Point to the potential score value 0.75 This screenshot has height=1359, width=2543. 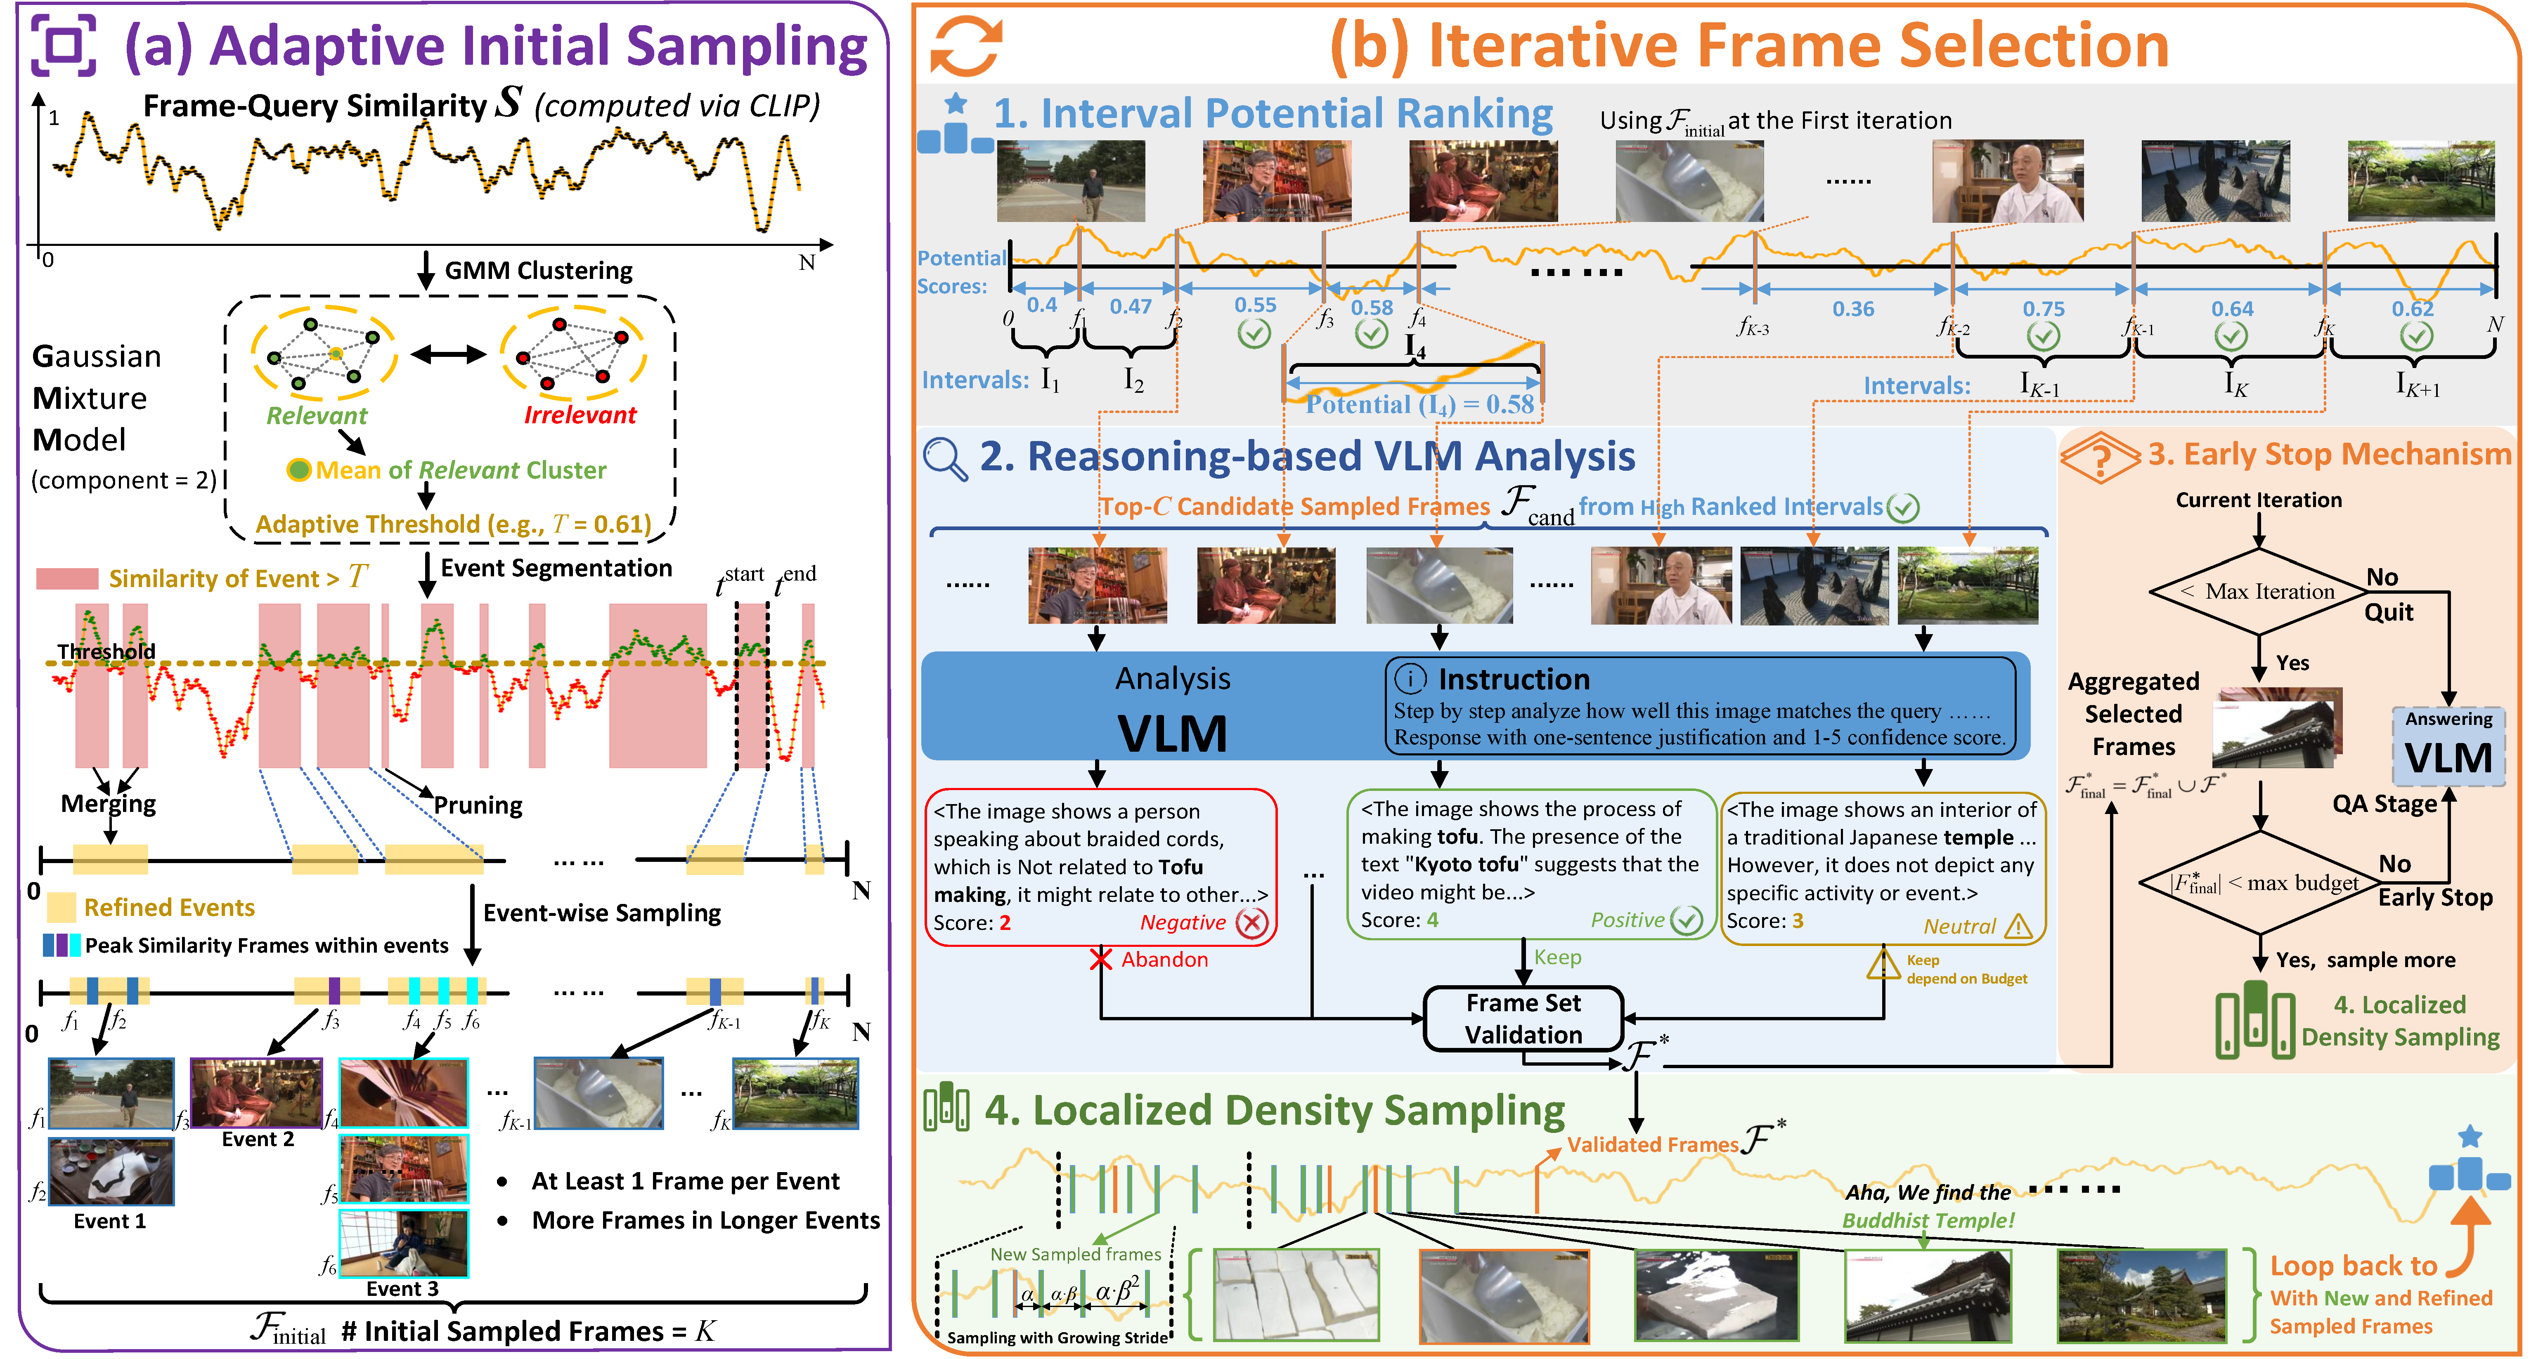(2042, 309)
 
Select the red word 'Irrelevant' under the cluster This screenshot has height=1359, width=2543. (580, 415)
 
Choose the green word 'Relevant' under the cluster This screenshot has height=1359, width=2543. (316, 415)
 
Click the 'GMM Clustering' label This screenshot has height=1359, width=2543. (538, 270)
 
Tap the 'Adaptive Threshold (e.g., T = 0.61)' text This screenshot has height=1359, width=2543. (453, 524)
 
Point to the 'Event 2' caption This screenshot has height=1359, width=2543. (258, 1139)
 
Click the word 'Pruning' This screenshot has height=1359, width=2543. (478, 805)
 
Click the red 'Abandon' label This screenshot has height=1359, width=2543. (1164, 959)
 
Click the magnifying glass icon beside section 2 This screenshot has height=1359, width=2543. (945, 459)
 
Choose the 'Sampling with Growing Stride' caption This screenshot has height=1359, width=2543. (1056, 1337)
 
